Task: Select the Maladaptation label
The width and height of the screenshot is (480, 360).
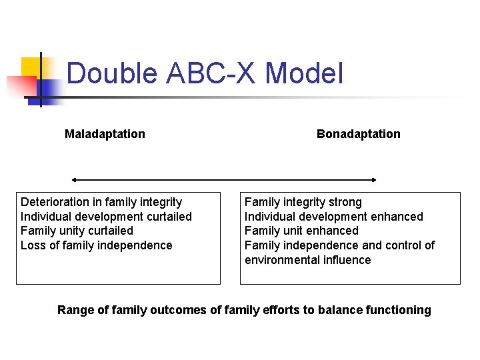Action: pyautogui.click(x=105, y=134)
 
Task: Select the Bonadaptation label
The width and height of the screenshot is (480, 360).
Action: pyautogui.click(x=359, y=134)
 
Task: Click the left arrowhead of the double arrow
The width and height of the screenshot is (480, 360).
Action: pyautogui.click(x=74, y=180)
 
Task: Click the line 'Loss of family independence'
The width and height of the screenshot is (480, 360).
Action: pyautogui.click(x=96, y=245)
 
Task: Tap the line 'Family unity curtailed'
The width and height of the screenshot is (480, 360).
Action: pyautogui.click(x=77, y=231)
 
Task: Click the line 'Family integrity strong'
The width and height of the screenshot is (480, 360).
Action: pyautogui.click(x=303, y=202)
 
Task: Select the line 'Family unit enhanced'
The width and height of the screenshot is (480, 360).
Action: pyautogui.click(x=301, y=231)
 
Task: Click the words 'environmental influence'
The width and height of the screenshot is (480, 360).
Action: pyautogui.click(x=307, y=260)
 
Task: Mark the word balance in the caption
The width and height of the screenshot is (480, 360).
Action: pyautogui.click(x=341, y=310)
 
